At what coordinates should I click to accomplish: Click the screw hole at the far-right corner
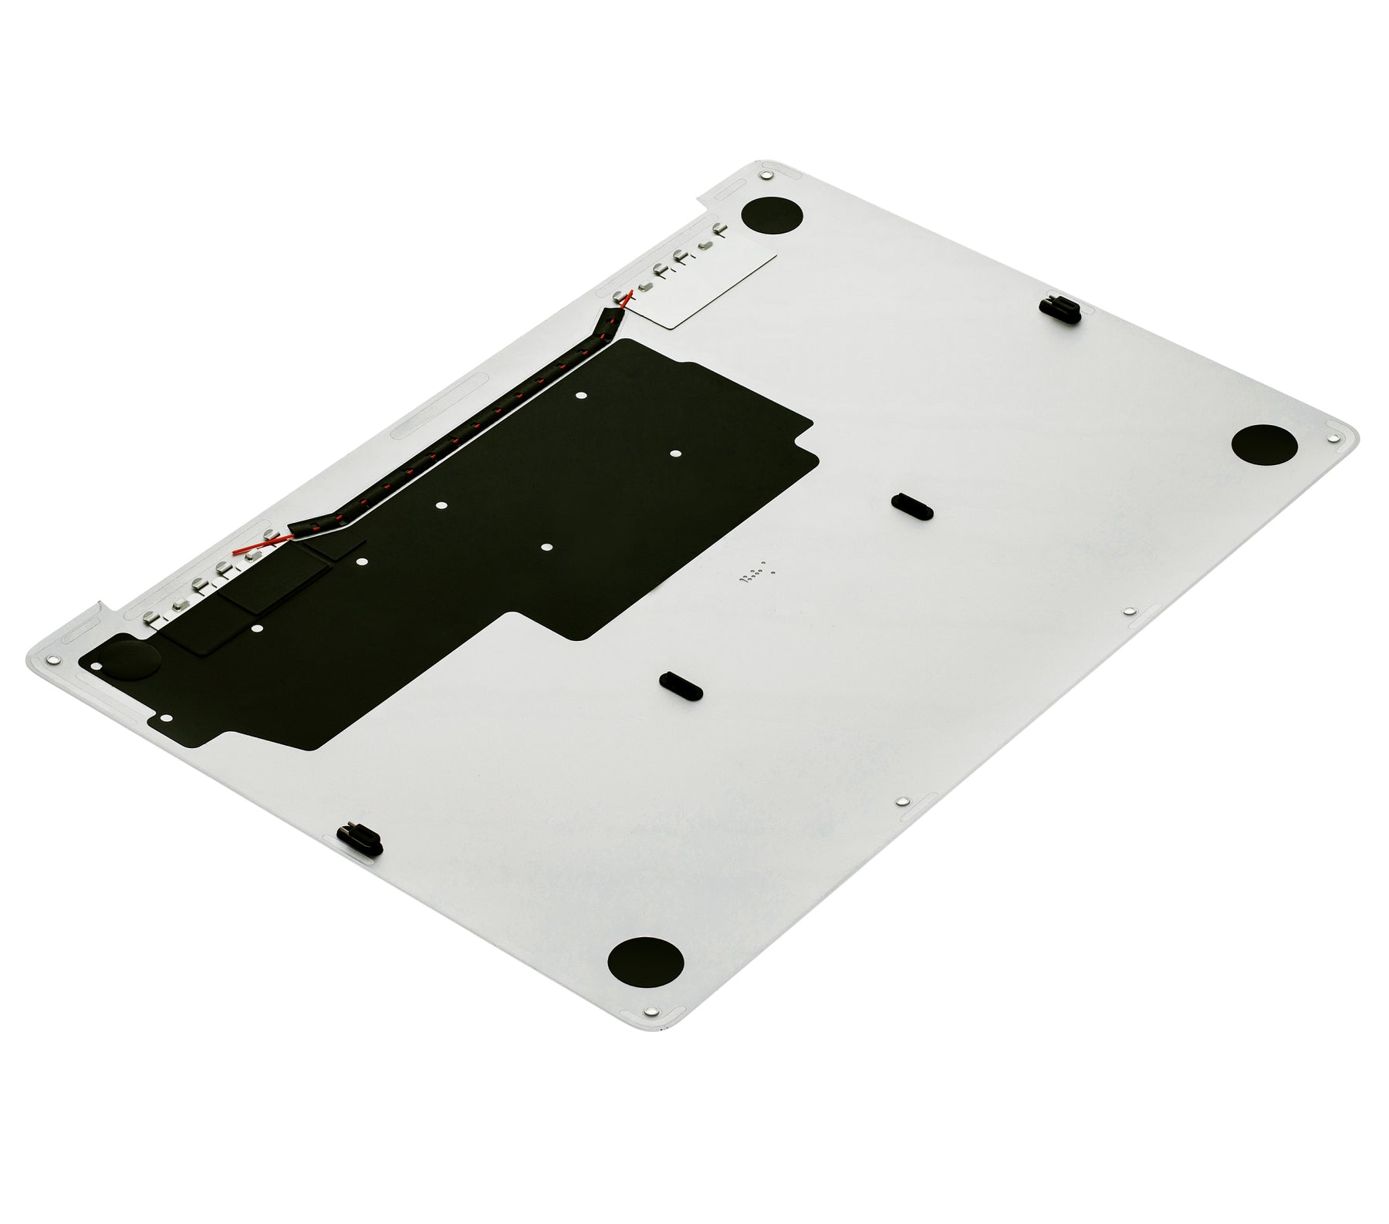(x=1330, y=437)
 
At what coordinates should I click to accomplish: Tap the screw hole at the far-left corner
(x=52, y=660)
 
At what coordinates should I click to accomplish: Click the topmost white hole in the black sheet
(x=582, y=395)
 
